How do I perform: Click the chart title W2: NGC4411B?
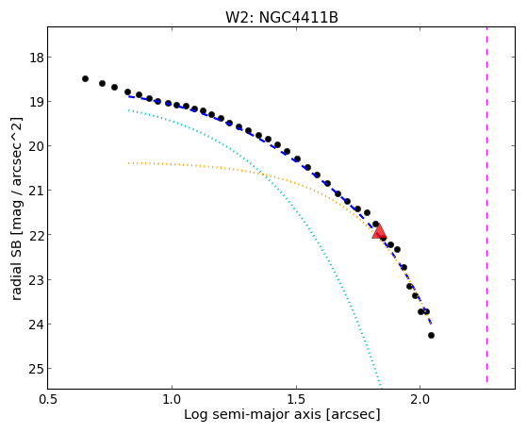282,18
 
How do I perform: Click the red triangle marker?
379,231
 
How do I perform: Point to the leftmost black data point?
85,78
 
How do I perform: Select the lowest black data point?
431,335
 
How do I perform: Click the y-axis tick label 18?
37,58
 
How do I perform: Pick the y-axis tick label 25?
37,369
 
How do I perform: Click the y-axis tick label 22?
37,235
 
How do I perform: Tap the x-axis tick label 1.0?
172,400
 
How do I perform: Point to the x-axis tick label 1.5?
296,400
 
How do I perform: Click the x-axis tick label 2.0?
420,400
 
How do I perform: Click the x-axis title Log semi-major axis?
253,414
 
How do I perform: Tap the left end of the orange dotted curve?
129,163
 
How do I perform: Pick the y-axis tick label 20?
37,146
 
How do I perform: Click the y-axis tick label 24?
37,324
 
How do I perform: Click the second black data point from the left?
102,83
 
